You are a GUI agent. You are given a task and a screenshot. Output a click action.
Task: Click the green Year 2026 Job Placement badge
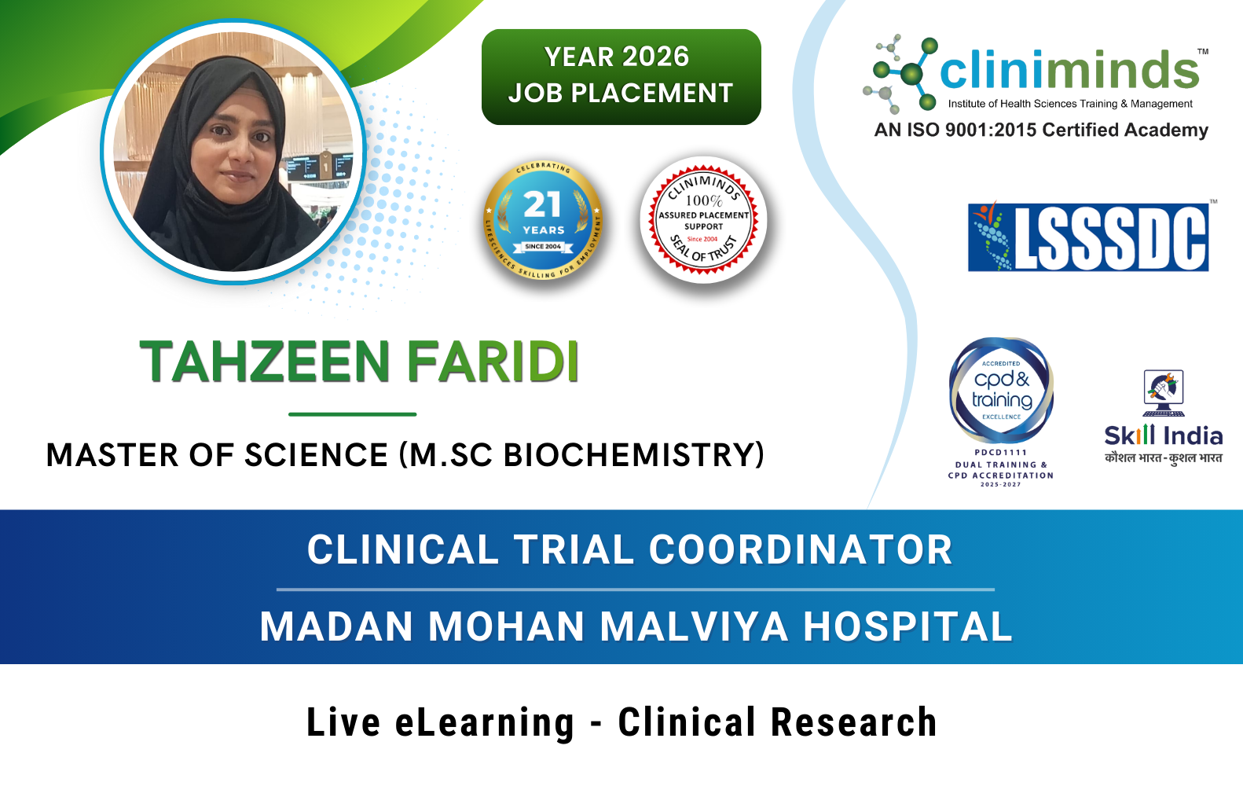(621, 76)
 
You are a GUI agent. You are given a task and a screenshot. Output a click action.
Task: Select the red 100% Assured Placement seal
(703, 220)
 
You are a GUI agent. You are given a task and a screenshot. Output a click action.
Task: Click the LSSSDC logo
(1088, 237)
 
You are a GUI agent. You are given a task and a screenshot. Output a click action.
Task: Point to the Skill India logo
(1163, 417)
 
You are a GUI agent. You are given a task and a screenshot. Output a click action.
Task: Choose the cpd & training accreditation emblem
(1001, 390)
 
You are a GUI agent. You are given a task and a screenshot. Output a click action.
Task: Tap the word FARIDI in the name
(493, 362)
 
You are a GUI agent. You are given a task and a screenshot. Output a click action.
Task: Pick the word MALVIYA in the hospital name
(694, 626)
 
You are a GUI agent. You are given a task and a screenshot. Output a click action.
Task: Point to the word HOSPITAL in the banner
(907, 626)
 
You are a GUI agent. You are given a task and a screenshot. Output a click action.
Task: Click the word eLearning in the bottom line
(484, 723)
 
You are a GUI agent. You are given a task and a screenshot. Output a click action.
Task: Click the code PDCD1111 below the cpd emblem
(1000, 453)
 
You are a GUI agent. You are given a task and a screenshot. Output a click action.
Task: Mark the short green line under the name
(352, 414)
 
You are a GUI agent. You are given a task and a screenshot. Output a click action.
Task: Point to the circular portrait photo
(233, 152)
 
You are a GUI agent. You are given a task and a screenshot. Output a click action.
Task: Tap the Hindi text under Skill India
(1163, 458)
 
